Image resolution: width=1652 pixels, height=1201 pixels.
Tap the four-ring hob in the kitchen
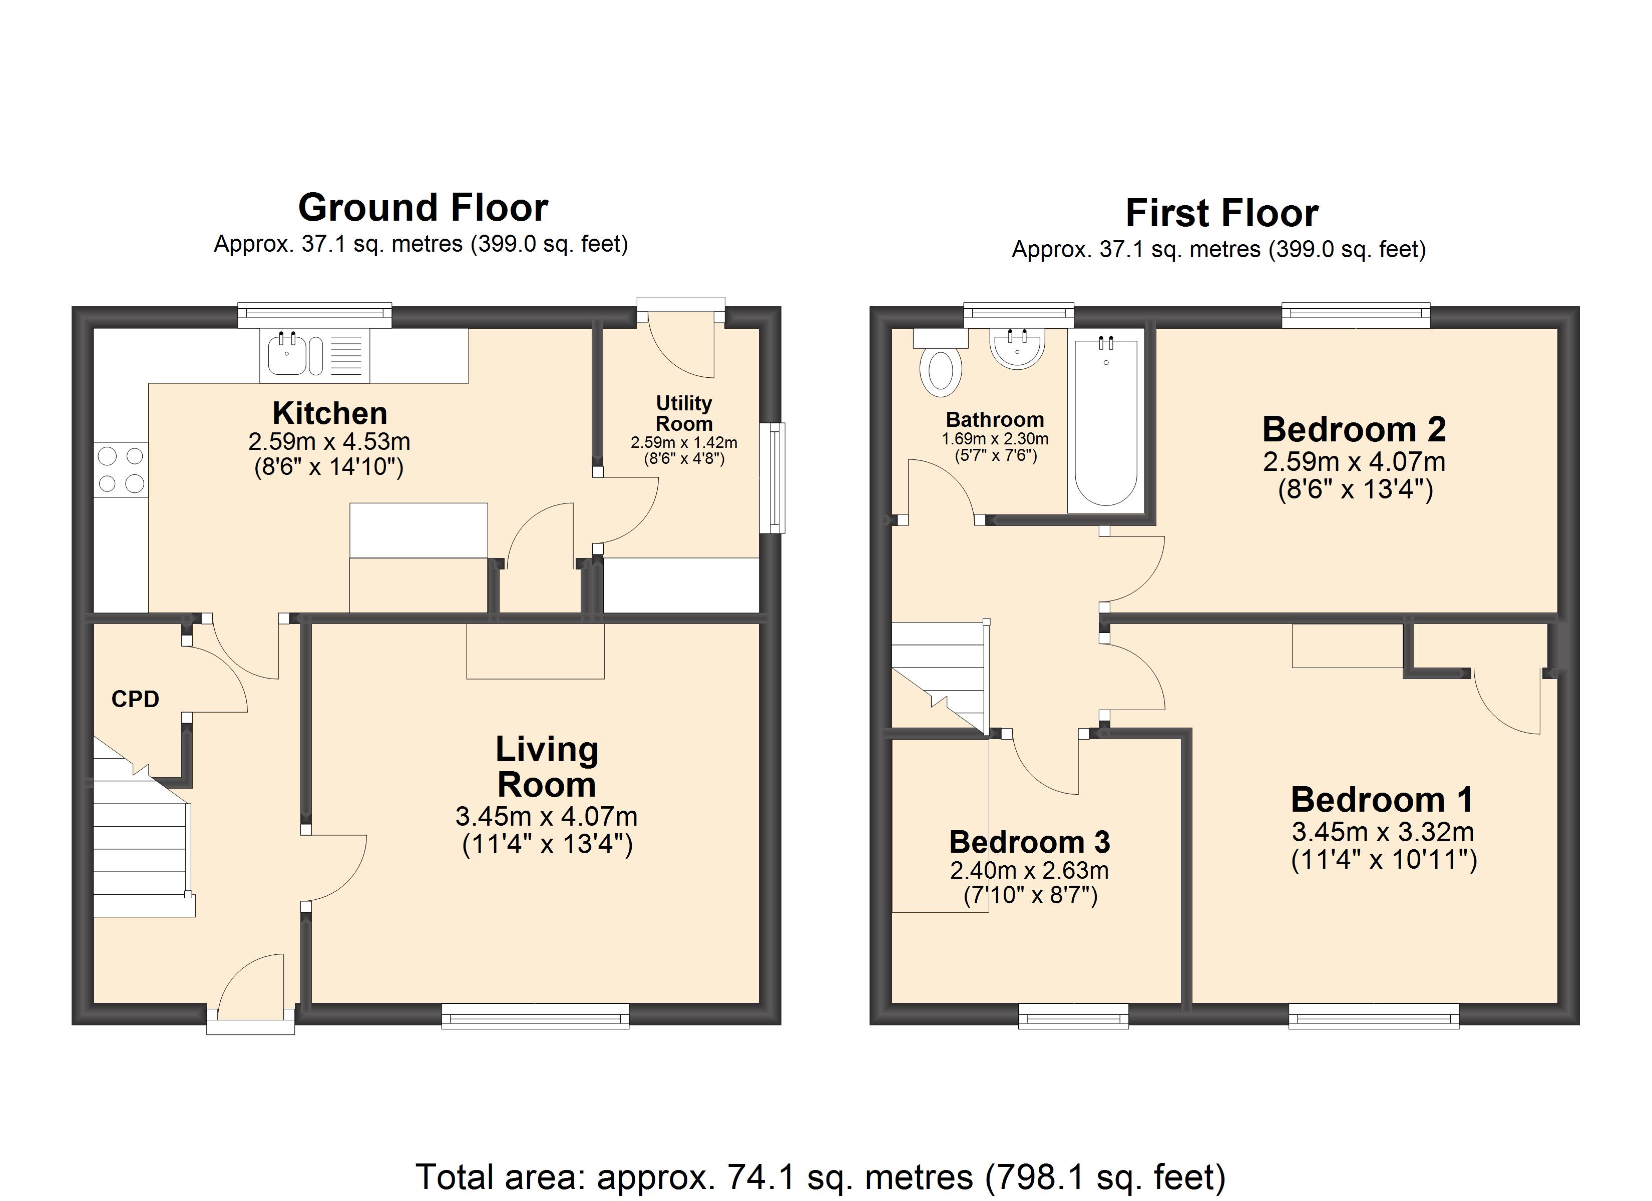[121, 470]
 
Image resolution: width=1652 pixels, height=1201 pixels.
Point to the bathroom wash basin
[1018, 348]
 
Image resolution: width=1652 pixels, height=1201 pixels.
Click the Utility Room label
[684, 413]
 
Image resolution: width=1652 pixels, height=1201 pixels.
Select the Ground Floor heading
[423, 208]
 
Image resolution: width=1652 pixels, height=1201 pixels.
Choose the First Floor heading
[1222, 213]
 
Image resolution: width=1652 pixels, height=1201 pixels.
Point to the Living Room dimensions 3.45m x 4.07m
[546, 817]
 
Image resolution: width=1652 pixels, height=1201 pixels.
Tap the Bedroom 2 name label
[1354, 429]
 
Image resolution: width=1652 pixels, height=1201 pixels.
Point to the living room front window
[535, 1016]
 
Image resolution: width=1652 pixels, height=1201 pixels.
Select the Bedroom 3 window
[1073, 1016]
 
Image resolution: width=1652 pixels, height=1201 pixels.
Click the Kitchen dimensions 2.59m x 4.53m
[329, 441]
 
